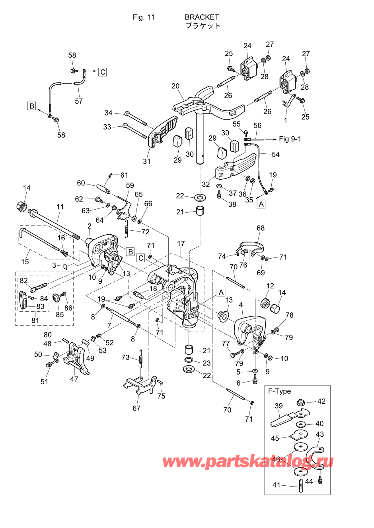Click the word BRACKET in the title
(x=202, y=17)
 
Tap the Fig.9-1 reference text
(x=290, y=139)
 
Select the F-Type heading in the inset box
(x=279, y=392)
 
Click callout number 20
(x=175, y=86)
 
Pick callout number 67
(x=136, y=408)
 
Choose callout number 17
(x=181, y=243)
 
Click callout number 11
(x=60, y=207)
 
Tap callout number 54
(x=276, y=154)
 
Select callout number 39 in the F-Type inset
(x=279, y=406)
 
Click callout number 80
(x=47, y=334)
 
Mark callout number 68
(x=261, y=228)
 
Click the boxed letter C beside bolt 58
(x=103, y=72)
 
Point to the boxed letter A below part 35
(x=261, y=204)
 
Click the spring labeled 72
(x=127, y=229)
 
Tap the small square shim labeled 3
(x=65, y=267)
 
